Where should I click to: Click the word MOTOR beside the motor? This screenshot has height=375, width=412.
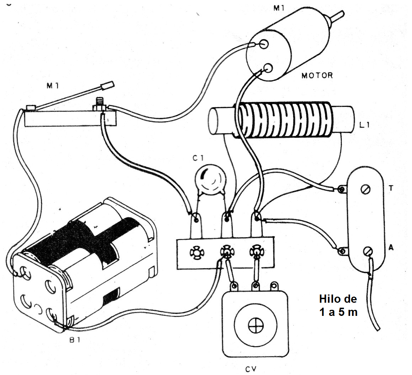pos(317,75)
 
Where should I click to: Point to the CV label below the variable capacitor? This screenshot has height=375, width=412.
pos(251,369)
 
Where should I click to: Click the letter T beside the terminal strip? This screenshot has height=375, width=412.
pos(391,188)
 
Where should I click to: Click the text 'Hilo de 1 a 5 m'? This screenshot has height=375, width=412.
pos(338,306)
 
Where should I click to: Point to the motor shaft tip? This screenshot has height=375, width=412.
pos(340,14)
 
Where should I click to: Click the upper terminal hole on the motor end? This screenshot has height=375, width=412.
pos(264,44)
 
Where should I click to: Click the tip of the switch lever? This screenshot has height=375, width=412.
pos(109,85)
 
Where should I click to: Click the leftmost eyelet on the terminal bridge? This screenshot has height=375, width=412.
pos(195,252)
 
